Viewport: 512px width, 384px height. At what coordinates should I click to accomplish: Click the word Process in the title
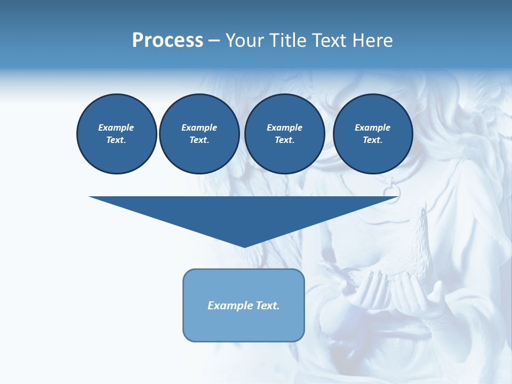167,41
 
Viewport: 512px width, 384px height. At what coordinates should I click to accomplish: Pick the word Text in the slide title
329,41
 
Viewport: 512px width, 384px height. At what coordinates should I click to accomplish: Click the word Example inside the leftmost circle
116,127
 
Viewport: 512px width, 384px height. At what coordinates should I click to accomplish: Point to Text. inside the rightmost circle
372,140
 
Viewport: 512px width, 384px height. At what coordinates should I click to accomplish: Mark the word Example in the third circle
284,127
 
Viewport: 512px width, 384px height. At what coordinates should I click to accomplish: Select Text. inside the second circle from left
199,140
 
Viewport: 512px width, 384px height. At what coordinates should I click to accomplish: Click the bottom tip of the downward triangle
244,246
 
